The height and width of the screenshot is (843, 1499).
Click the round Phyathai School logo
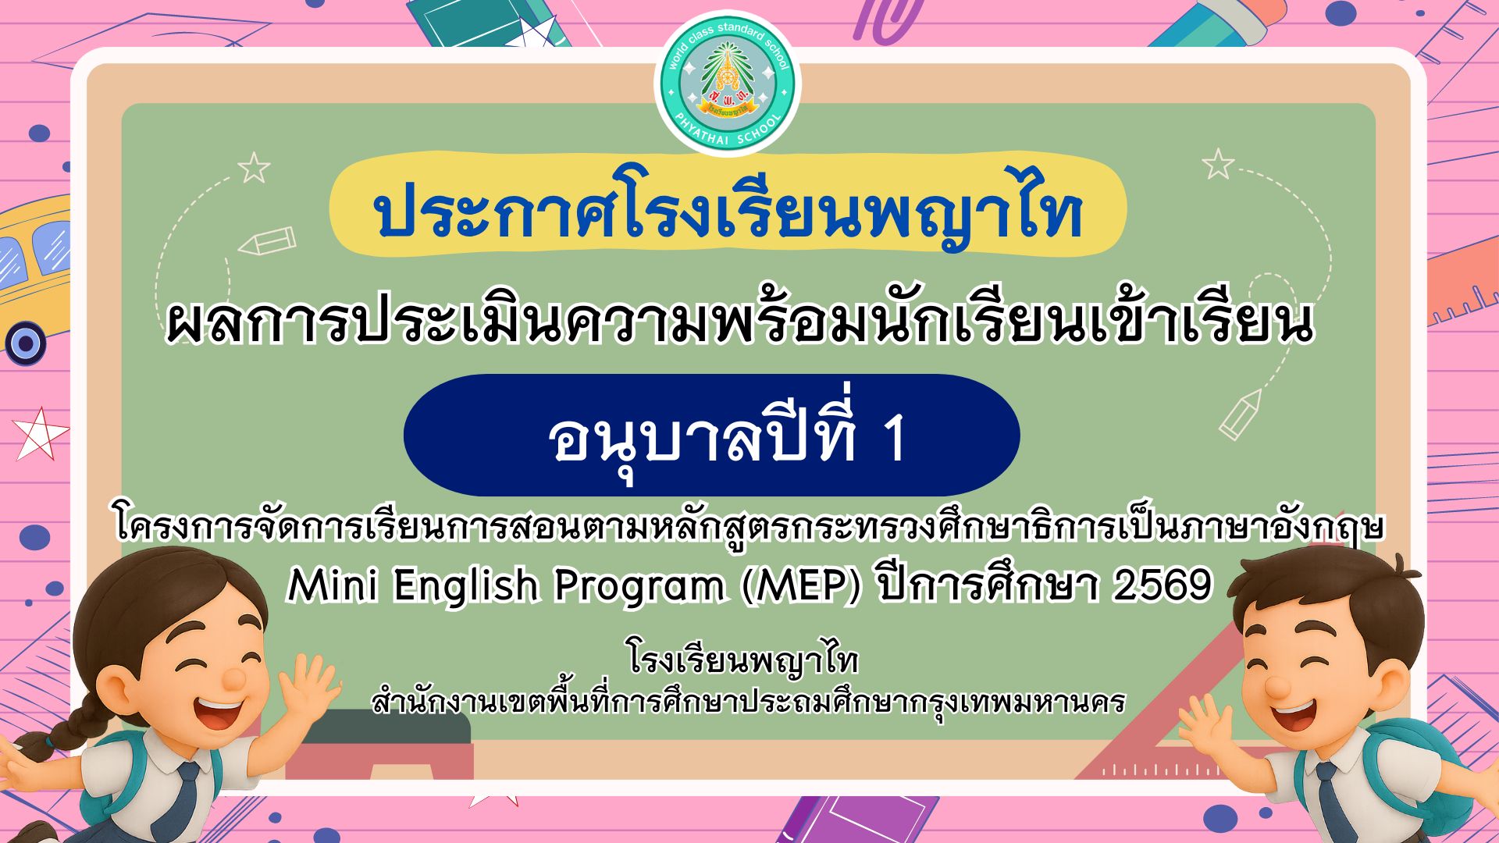point(728,83)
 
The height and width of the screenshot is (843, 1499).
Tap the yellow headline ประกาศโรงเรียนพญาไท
point(728,212)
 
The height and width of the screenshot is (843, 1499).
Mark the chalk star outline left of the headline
point(254,168)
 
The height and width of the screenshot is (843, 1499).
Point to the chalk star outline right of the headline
point(1218,164)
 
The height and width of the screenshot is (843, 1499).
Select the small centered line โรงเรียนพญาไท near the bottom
point(742,660)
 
